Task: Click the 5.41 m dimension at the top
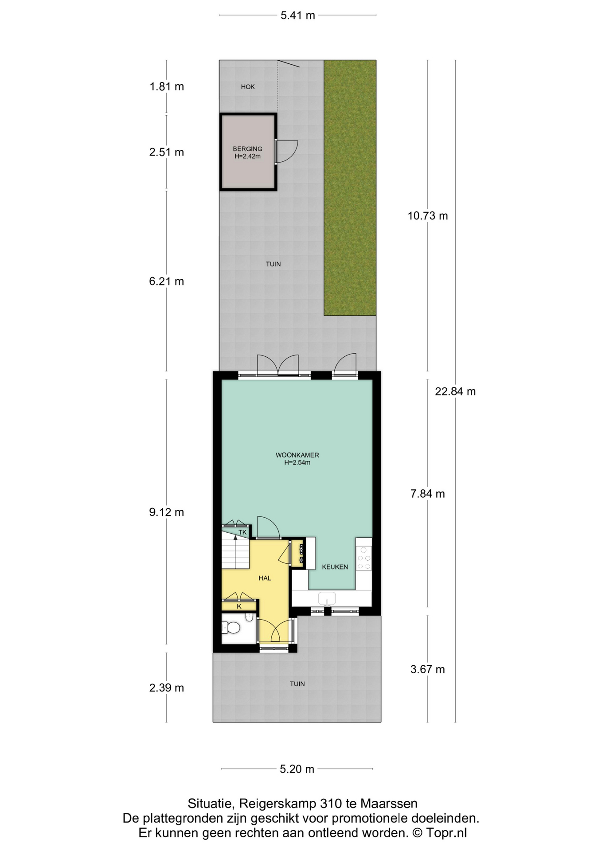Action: click(297, 16)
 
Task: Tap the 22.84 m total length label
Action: click(455, 391)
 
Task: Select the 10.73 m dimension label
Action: click(428, 216)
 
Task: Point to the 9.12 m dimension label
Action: click(167, 512)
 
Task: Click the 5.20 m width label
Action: click(297, 769)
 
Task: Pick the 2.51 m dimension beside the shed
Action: click(167, 152)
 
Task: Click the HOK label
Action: click(248, 87)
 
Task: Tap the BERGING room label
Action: click(247, 149)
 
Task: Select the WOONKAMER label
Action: click(297, 455)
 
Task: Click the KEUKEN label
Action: click(335, 567)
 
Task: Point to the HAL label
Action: click(265, 578)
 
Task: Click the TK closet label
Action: click(242, 532)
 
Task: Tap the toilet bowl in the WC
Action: click(231, 628)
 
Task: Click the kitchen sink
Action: click(327, 598)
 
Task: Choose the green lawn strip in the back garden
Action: click(350, 187)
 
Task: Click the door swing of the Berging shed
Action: click(287, 152)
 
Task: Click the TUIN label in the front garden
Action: click(297, 684)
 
